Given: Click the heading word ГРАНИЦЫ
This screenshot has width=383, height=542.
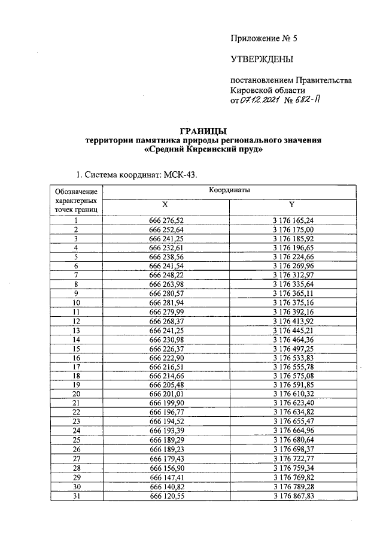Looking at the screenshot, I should coord(203,131).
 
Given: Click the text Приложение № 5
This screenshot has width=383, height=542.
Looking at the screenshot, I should coord(264,38).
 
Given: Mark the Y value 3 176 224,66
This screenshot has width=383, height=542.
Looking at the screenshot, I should coord(293,256).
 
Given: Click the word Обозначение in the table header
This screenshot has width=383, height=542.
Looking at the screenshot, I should coord(76,192).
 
